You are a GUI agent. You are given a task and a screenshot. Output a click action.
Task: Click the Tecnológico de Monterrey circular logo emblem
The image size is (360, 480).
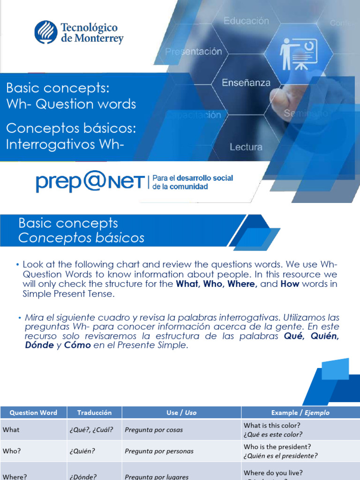(x=46, y=32)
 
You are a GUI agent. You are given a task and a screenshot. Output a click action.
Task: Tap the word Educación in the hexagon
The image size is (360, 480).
(x=246, y=21)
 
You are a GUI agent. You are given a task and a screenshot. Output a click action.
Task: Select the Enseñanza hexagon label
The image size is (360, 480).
(x=246, y=83)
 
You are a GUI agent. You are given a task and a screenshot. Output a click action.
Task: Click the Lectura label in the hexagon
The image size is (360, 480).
(x=246, y=147)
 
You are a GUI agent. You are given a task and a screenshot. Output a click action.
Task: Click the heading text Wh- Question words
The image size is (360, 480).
(x=71, y=104)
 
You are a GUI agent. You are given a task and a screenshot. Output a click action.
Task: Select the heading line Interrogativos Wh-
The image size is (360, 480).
(x=65, y=144)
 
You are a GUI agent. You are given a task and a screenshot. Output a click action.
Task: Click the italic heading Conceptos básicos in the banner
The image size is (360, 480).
(x=81, y=238)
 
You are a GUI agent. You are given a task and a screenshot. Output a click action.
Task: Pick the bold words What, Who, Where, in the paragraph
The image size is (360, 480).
(x=217, y=284)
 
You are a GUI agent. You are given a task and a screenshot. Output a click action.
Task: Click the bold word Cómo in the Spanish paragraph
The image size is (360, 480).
(x=78, y=345)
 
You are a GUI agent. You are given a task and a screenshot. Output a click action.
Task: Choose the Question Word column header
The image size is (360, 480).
(x=33, y=412)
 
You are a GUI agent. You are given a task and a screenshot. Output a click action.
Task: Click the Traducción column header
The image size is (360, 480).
(x=94, y=412)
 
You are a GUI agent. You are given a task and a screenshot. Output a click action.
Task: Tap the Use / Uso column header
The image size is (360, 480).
(x=181, y=412)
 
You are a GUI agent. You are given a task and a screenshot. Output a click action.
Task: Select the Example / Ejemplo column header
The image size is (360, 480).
(x=300, y=412)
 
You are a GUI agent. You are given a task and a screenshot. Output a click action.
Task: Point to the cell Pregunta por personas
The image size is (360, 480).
(x=159, y=451)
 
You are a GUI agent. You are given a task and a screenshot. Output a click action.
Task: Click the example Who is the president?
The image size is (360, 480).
(x=277, y=447)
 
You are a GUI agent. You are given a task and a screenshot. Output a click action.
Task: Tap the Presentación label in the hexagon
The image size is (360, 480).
(x=194, y=52)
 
